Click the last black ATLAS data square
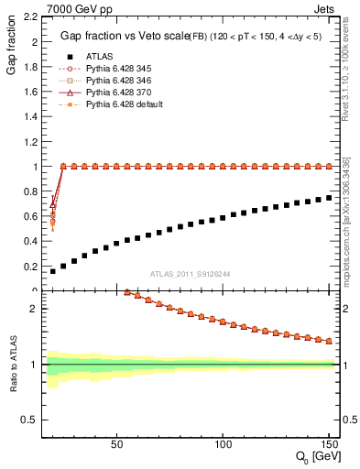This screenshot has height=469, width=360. point(329,197)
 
